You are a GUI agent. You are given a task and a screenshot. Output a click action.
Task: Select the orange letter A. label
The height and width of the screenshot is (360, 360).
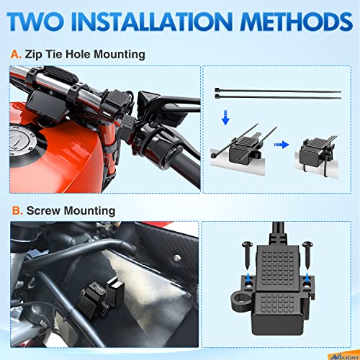click(x=16, y=54)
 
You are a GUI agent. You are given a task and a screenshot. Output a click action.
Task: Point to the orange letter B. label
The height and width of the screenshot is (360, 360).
click(x=16, y=211)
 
